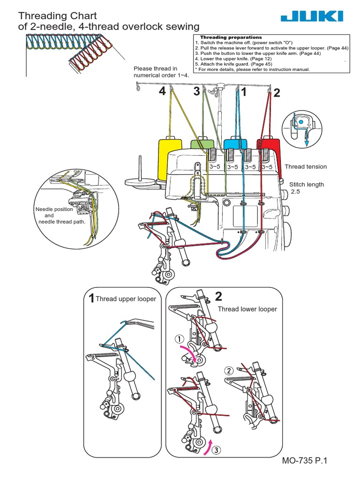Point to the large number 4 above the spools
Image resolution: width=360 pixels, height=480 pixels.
coord(162,92)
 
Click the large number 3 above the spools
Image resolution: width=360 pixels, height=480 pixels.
coord(196,92)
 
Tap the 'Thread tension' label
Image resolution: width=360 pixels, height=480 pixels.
coord(306,166)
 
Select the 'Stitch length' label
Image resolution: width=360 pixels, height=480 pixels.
coord(306,185)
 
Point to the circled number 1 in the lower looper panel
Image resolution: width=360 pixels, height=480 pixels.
coord(179,339)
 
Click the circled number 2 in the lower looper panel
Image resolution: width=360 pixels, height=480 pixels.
coord(229,371)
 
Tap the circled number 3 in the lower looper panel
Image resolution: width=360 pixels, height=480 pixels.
coord(215,450)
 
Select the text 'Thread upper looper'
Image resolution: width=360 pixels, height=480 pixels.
coord(126,299)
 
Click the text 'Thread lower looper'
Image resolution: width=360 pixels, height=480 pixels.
coord(247,309)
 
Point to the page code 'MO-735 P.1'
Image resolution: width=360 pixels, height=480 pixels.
coord(303,461)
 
